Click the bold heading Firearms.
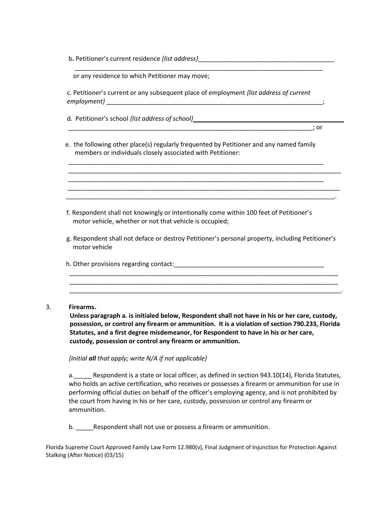[x=83, y=307]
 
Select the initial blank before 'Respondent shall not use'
[x=85, y=427]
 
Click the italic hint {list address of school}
[x=161, y=119]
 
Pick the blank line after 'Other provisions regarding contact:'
[x=249, y=264]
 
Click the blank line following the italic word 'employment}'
[x=214, y=102]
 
